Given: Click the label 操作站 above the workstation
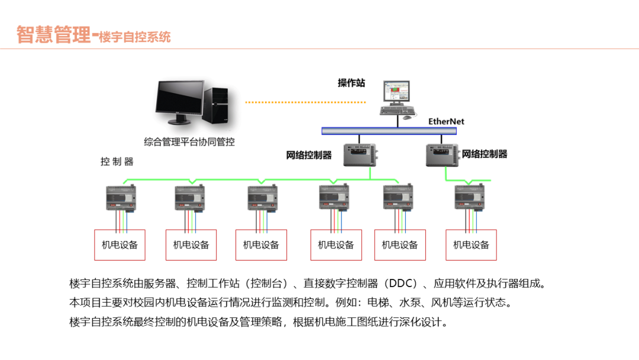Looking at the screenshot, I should pyautogui.click(x=351, y=83).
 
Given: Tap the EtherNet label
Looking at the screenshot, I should pyautogui.click(x=446, y=121).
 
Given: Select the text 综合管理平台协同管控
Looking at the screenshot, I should pyautogui.click(x=189, y=142).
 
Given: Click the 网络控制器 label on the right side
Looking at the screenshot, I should pyautogui.click(x=485, y=154).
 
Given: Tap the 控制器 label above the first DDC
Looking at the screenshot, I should pyautogui.click(x=117, y=162).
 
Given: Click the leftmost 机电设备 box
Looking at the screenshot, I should pyautogui.click(x=120, y=245).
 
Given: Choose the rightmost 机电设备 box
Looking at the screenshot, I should pyautogui.click(x=471, y=245).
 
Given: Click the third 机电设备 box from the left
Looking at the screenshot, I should pyautogui.click(x=261, y=245).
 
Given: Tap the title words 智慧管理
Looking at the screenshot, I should pyautogui.click(x=53, y=34).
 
